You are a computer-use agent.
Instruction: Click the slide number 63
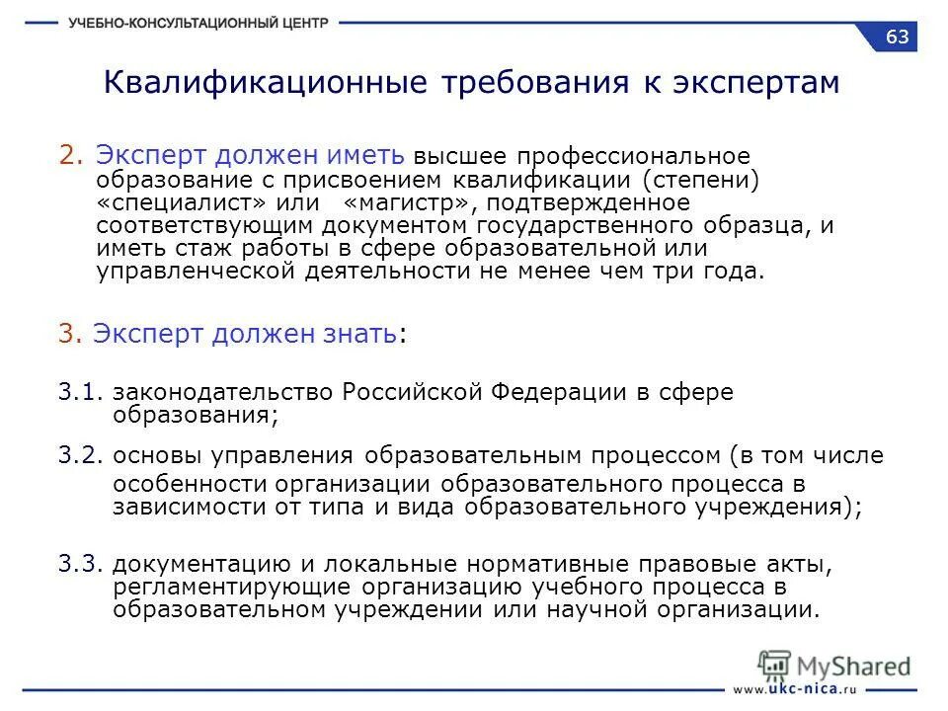[x=898, y=38]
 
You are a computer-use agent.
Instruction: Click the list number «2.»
[x=72, y=155]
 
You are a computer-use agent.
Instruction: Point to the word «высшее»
[x=452, y=157]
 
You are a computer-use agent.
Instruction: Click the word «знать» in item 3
[x=362, y=334]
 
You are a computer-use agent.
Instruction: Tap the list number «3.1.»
[x=81, y=392]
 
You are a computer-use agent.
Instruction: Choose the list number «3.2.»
[x=81, y=455]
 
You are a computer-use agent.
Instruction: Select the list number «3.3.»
[x=81, y=564]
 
